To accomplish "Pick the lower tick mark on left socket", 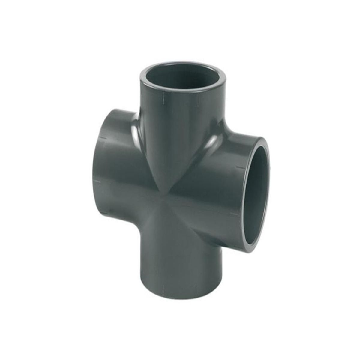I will pos(97,181).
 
